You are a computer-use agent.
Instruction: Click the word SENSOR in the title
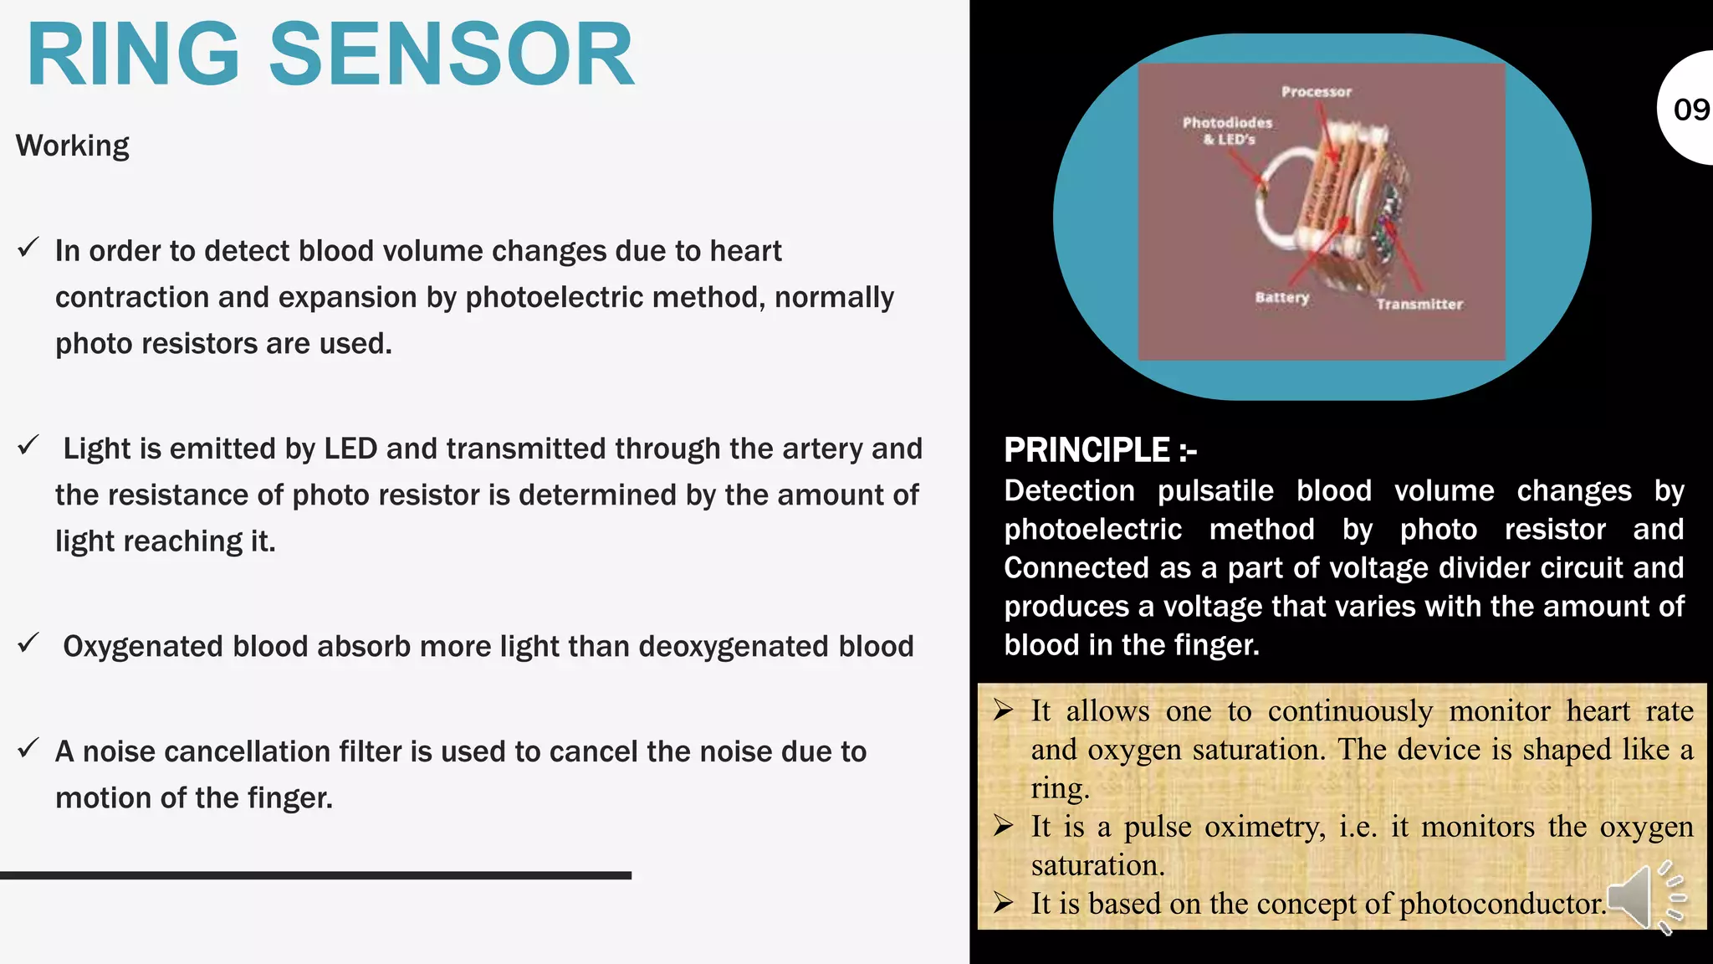tap(452, 55)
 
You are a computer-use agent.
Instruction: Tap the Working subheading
tap(73, 146)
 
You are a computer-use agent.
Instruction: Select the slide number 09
tap(1690, 110)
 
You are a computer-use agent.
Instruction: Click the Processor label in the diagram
tap(1316, 92)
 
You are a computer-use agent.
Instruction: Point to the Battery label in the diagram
tap(1281, 297)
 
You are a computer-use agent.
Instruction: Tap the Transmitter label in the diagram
tap(1419, 305)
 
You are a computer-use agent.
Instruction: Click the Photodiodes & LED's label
tap(1227, 131)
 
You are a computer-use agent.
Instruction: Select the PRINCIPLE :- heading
tap(1100, 450)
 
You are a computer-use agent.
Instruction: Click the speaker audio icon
tap(1644, 897)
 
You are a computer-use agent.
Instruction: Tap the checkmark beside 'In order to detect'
tap(28, 248)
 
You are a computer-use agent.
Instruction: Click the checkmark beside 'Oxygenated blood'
tap(28, 643)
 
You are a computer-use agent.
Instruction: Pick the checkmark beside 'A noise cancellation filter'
tap(28, 747)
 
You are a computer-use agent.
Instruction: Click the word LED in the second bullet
tap(350, 449)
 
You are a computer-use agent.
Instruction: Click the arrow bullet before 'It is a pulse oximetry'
tap(1004, 827)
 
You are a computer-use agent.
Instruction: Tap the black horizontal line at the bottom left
tap(315, 875)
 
